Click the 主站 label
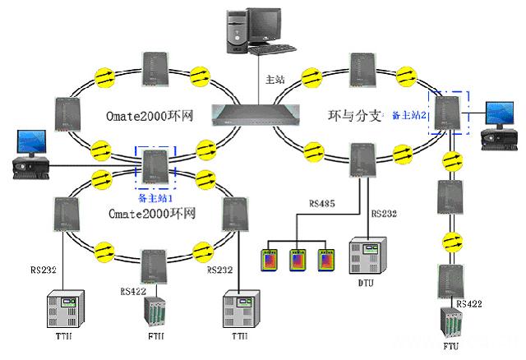274,80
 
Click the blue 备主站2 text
408,115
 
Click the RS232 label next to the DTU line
384,214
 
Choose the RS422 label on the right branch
469,304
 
